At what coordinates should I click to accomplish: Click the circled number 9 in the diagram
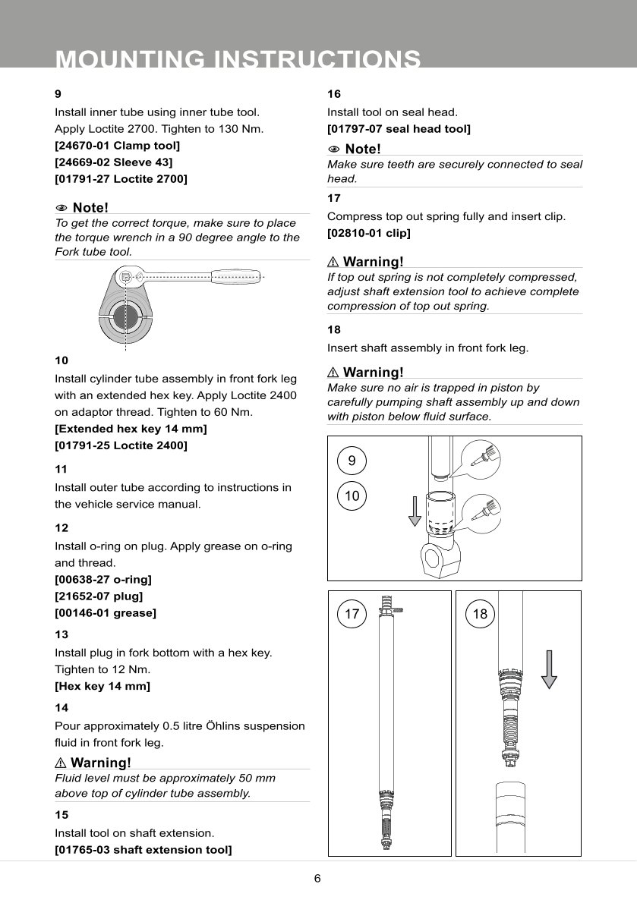tap(352, 461)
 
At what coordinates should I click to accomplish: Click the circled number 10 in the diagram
tap(352, 496)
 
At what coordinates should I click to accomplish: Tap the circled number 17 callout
tap(352, 614)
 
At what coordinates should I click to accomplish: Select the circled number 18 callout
tap(480, 614)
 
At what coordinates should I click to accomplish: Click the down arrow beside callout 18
tap(550, 669)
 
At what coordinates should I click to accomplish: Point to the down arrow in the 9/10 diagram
tap(415, 509)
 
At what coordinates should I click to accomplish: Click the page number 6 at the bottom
tap(317, 879)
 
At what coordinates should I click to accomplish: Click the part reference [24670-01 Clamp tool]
tap(117, 145)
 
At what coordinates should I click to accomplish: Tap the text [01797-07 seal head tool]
tap(399, 129)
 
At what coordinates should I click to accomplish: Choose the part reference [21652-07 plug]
tap(99, 596)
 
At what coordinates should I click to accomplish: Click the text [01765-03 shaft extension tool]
tap(143, 849)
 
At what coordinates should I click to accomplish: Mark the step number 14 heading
tap(61, 707)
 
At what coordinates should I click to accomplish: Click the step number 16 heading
tap(334, 94)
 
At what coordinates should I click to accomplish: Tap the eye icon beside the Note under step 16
tap(334, 149)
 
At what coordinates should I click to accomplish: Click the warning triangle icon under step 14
tap(61, 763)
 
